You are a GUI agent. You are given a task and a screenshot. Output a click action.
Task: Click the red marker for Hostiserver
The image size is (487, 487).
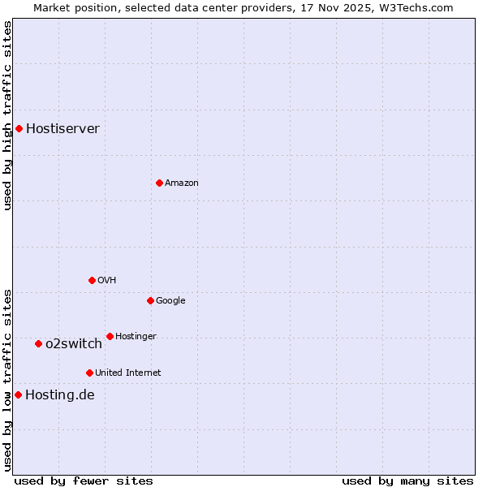19,128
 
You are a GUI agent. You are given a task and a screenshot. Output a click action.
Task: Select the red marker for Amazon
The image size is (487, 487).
159,183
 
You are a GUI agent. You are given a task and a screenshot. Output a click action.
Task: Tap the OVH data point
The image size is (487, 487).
92,280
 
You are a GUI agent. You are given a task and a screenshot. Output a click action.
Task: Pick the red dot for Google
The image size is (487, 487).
150,300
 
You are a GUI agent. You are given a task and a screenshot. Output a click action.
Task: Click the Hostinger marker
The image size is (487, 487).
110,336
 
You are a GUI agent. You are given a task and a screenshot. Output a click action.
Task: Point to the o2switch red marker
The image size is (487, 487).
38,343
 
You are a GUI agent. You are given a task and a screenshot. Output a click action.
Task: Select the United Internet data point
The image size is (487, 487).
89,373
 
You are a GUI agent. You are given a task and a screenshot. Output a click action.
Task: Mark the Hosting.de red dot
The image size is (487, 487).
18,394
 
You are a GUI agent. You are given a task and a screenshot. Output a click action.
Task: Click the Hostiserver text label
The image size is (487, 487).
62,128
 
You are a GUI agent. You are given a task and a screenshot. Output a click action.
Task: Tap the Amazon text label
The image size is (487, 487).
181,183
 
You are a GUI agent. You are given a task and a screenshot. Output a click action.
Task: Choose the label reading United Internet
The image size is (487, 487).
127,373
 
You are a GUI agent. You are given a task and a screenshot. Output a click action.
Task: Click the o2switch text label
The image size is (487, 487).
73,343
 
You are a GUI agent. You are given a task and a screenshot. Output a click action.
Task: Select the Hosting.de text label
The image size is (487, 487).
59,395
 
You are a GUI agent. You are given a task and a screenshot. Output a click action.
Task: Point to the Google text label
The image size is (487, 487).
170,300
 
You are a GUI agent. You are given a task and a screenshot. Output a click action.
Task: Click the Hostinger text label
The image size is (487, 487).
136,336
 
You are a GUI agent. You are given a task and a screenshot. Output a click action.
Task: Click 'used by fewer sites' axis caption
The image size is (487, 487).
84,481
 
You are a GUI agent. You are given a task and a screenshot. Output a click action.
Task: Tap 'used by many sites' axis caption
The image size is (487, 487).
407,481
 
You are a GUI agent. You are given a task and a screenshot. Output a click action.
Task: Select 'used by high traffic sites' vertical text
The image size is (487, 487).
7,115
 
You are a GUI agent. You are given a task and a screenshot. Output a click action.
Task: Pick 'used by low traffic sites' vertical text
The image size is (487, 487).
7,379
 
